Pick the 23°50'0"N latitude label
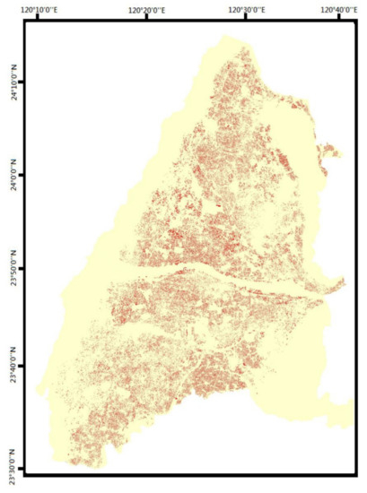(12, 270)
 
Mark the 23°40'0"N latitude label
(12, 365)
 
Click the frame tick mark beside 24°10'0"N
(26, 82)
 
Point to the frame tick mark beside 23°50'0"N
(26, 270)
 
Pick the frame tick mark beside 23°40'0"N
(26, 365)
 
